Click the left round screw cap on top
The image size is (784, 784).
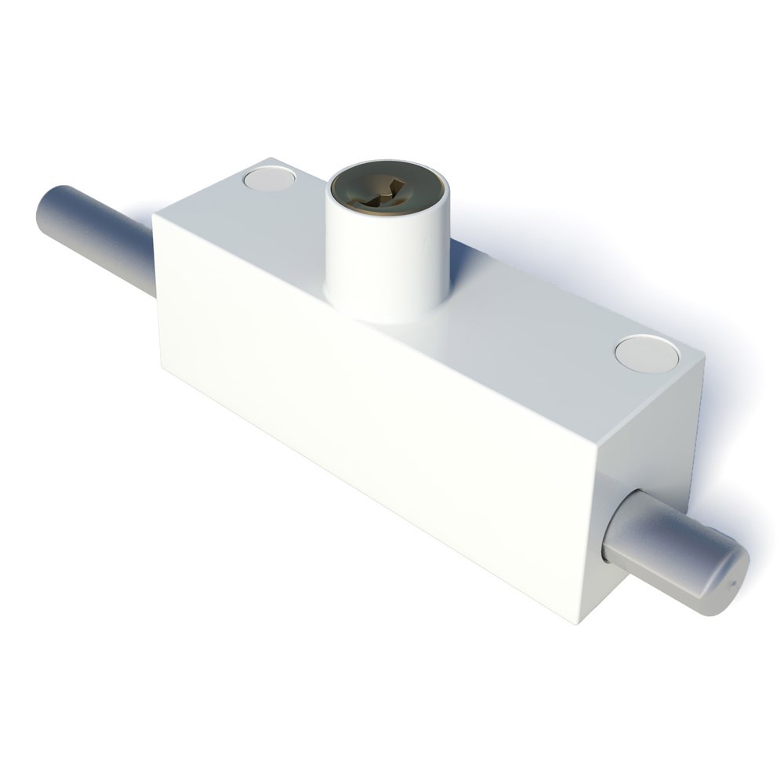[x=267, y=180]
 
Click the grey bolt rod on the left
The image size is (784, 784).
[x=94, y=227]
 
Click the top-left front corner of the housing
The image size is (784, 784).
[x=154, y=214]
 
